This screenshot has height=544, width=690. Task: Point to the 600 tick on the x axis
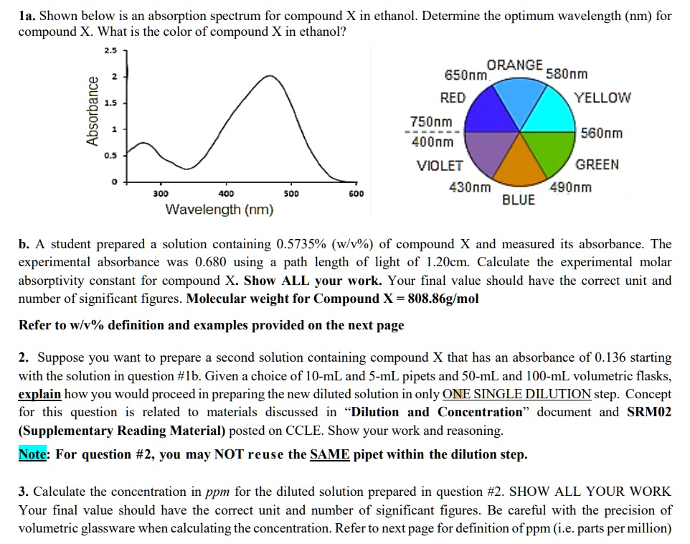click(x=356, y=194)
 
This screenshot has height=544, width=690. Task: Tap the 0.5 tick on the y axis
click(x=110, y=155)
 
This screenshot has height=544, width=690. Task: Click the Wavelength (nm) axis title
click(x=219, y=210)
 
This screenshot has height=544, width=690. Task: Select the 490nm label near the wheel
click(x=571, y=188)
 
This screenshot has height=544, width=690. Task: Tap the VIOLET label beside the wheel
click(x=440, y=166)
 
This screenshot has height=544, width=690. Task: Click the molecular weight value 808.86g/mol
click(x=443, y=299)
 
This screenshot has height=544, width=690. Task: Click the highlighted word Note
click(x=33, y=454)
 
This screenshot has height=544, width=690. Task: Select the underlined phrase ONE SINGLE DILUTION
click(x=517, y=394)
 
